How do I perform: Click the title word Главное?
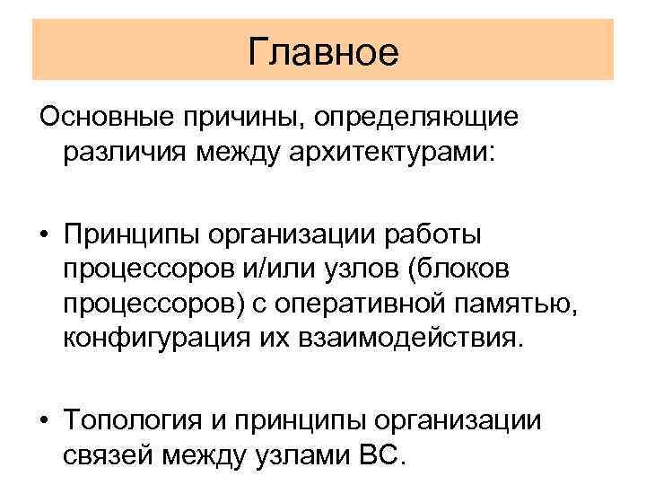[322, 51]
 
